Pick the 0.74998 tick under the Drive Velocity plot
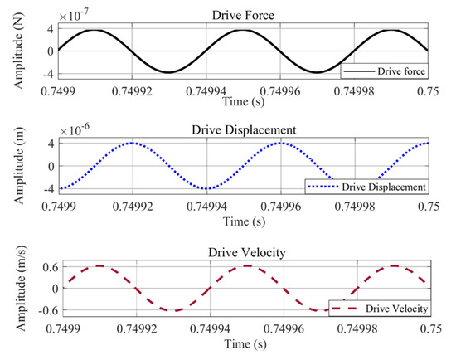pyautogui.click(x=355, y=328)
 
